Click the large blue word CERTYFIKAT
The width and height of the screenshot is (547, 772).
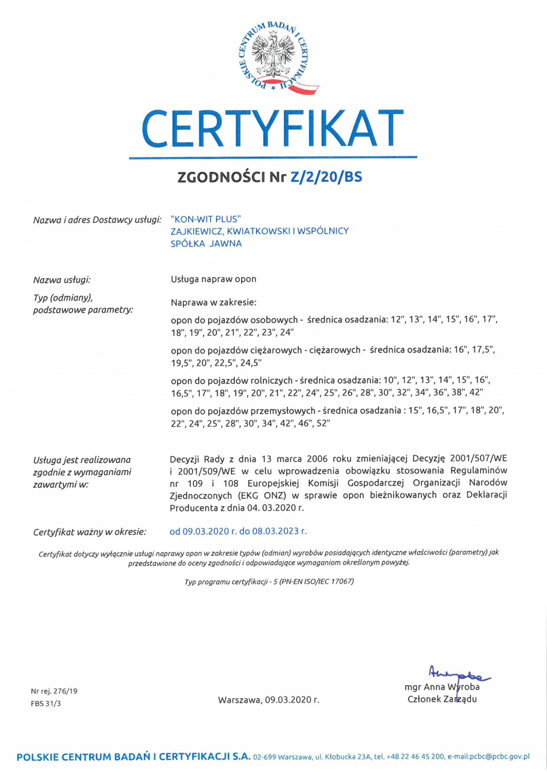click(x=272, y=129)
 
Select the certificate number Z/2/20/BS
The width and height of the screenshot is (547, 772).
click(x=326, y=177)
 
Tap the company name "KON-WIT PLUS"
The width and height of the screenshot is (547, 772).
click(x=205, y=219)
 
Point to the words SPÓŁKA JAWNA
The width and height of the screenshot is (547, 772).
click(x=206, y=243)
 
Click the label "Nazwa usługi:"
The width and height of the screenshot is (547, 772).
click(x=61, y=280)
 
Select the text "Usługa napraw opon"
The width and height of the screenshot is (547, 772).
click(x=213, y=279)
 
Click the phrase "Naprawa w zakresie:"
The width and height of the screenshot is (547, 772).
click(x=213, y=302)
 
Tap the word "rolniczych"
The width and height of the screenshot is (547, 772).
click(x=272, y=380)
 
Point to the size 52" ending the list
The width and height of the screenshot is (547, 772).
click(x=323, y=423)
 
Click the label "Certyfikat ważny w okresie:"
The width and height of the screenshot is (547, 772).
click(x=90, y=532)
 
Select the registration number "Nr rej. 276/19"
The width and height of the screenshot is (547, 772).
click(x=54, y=691)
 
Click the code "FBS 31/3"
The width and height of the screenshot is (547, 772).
click(x=46, y=703)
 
